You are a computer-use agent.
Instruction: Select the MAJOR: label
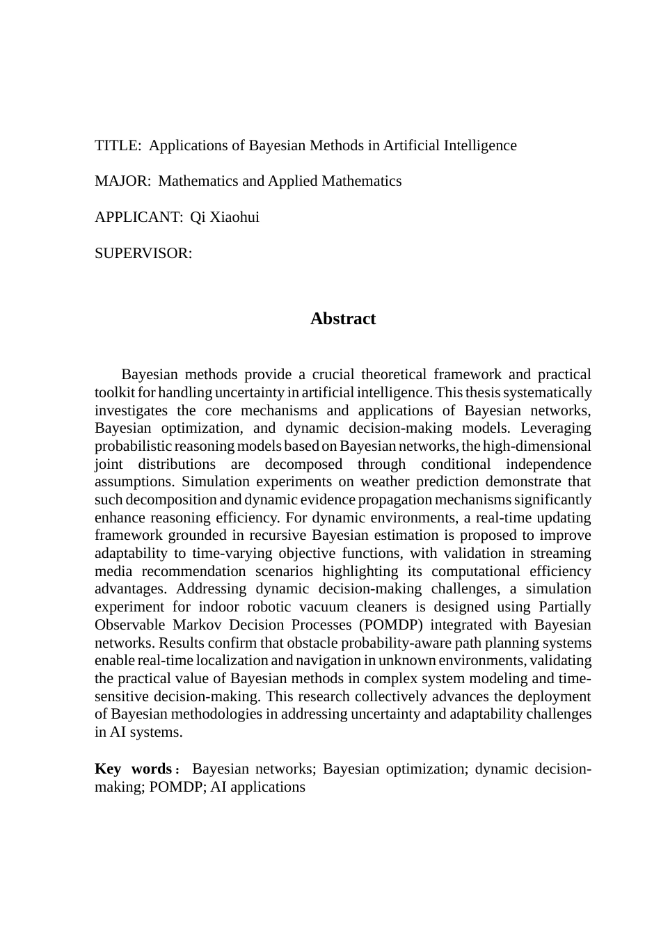click(122, 181)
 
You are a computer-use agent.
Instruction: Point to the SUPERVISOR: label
click(143, 253)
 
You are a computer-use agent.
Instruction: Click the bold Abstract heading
click(343, 319)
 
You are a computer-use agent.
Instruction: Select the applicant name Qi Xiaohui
click(225, 217)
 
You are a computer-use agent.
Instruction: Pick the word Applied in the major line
click(292, 181)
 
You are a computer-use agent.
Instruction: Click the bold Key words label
click(134, 769)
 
